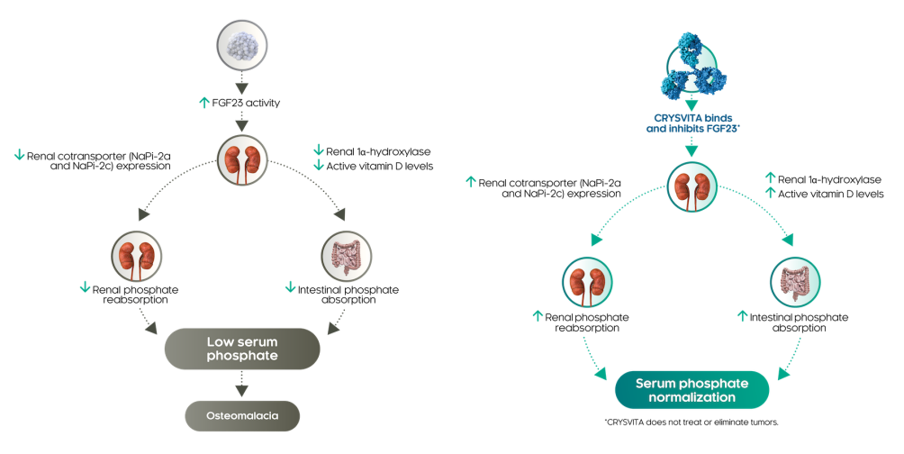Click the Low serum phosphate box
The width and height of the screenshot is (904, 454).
241,349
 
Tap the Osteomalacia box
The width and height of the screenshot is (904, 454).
240,416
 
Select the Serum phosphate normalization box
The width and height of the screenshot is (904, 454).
692,389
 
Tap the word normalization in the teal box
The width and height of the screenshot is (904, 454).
692,396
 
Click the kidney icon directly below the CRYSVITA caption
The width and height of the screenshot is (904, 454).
692,186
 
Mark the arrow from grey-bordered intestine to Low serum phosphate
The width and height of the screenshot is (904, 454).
334,322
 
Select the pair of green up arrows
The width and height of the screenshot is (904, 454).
769,183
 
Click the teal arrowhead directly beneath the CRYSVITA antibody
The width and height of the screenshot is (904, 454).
691,104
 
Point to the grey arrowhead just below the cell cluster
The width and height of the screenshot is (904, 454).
240,87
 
